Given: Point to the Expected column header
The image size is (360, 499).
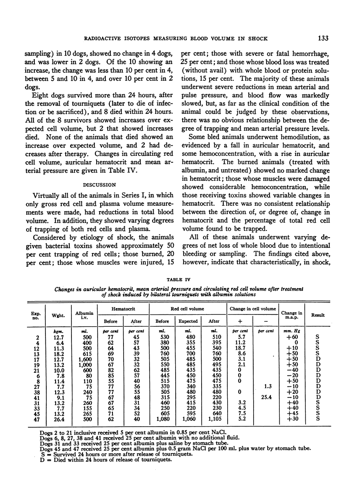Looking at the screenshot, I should (188, 321).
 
